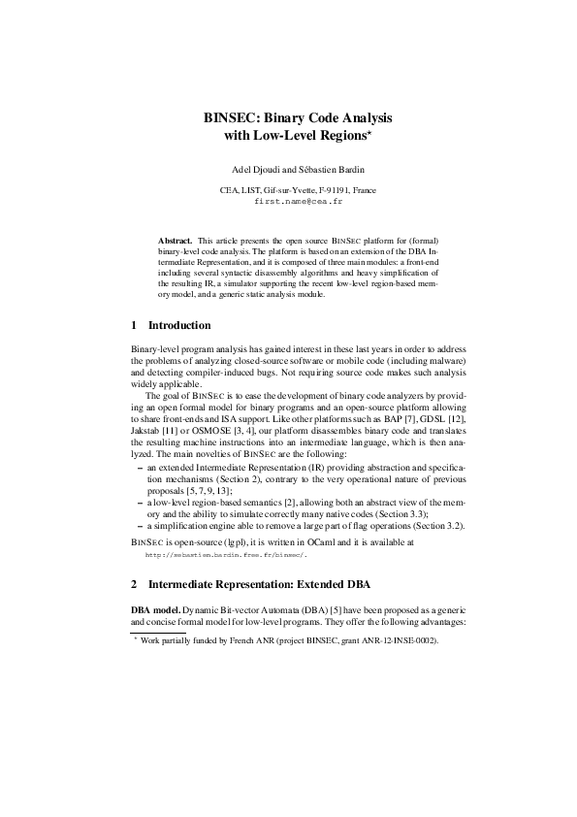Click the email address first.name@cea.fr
[288, 203]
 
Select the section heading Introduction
[178, 325]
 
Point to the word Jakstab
[146, 427]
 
